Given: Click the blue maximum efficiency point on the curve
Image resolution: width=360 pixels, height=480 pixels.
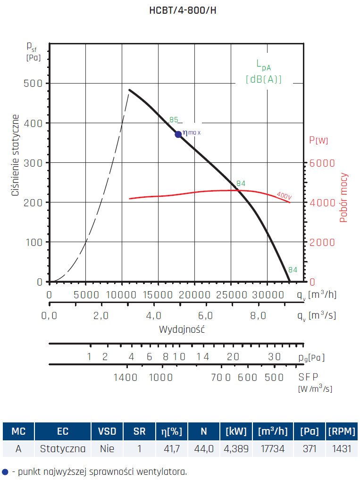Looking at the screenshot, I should pos(178,134).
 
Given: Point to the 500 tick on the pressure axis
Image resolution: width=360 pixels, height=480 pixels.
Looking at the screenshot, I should pos(33,84).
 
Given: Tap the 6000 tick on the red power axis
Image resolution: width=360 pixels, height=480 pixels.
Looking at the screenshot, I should pos(322,163).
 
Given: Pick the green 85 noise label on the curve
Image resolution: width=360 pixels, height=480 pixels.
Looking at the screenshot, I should pos(174,119).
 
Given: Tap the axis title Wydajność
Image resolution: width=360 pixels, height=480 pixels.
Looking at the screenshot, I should pos(182,329).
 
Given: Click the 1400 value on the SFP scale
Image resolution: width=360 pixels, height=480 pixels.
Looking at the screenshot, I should pos(126,377).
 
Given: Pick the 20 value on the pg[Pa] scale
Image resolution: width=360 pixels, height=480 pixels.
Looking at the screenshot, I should pos(233,357).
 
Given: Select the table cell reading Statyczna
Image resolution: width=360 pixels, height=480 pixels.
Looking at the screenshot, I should pos(63,448).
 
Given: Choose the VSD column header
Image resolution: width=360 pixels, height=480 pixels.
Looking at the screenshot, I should pos(107,431).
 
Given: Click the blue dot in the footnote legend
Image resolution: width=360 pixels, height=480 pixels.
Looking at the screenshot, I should pos(5,471).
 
